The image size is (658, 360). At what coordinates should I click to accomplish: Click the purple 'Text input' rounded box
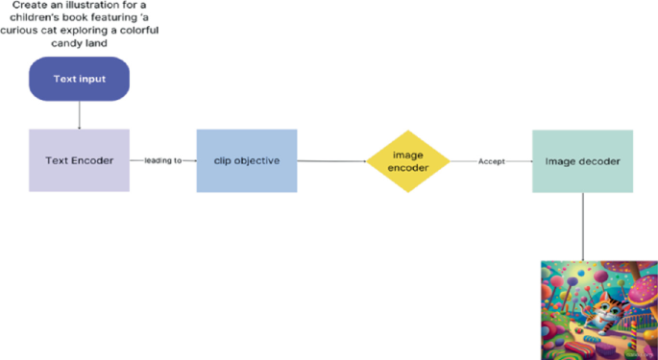click(x=79, y=79)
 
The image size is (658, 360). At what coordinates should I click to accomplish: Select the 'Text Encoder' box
click(x=79, y=160)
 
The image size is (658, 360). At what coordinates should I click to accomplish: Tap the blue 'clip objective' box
click(x=247, y=160)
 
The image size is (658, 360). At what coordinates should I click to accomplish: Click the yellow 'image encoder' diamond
click(x=408, y=161)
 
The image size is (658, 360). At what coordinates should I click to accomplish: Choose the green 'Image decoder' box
click(x=582, y=160)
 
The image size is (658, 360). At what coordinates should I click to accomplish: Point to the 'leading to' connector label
click(x=163, y=160)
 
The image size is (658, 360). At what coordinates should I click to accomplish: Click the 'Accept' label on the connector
click(x=491, y=161)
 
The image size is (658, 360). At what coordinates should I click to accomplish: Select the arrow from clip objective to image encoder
click(x=331, y=161)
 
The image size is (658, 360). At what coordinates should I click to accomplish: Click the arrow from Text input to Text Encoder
click(x=79, y=114)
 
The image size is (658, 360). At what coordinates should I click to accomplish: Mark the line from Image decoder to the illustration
click(x=582, y=226)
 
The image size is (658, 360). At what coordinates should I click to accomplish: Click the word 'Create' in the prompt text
click(x=33, y=8)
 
